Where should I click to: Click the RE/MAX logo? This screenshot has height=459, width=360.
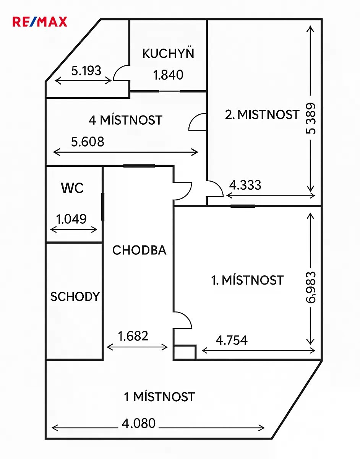[x=40, y=22]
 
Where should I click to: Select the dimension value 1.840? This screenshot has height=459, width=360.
[x=168, y=75]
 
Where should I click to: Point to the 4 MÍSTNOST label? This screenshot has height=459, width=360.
[x=125, y=120]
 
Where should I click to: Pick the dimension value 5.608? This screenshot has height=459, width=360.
[x=88, y=142]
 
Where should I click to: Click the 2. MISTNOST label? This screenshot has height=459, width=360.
[x=262, y=114]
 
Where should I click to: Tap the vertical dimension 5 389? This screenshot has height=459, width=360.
[x=310, y=119]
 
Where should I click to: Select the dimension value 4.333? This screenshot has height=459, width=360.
[x=245, y=185]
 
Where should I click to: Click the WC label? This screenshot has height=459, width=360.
[x=72, y=187]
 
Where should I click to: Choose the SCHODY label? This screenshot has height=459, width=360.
[x=75, y=296]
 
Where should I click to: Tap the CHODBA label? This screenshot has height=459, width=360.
[x=139, y=250]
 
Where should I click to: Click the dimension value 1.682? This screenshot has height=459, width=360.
[x=133, y=336]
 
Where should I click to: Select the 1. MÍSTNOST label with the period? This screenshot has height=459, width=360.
[x=247, y=280]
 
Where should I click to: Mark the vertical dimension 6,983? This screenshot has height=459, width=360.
[x=311, y=288]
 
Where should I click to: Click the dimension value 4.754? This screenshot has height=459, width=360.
[x=232, y=340]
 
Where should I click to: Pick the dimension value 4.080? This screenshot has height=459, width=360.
[x=138, y=423]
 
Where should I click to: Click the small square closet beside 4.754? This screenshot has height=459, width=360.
[x=185, y=352]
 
